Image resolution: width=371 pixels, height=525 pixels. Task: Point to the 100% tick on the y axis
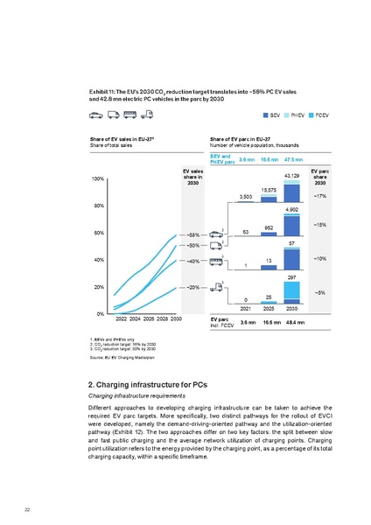[x=98, y=178]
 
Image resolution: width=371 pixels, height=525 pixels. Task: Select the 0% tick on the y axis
[x=101, y=313]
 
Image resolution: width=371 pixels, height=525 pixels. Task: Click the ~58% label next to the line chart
[x=194, y=234]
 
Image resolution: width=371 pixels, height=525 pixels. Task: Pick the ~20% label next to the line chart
[x=194, y=287]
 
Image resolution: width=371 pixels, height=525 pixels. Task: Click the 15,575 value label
[x=269, y=189]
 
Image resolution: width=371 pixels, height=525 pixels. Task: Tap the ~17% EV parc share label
[x=320, y=196]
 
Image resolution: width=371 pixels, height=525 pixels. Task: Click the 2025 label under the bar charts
[x=269, y=308]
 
